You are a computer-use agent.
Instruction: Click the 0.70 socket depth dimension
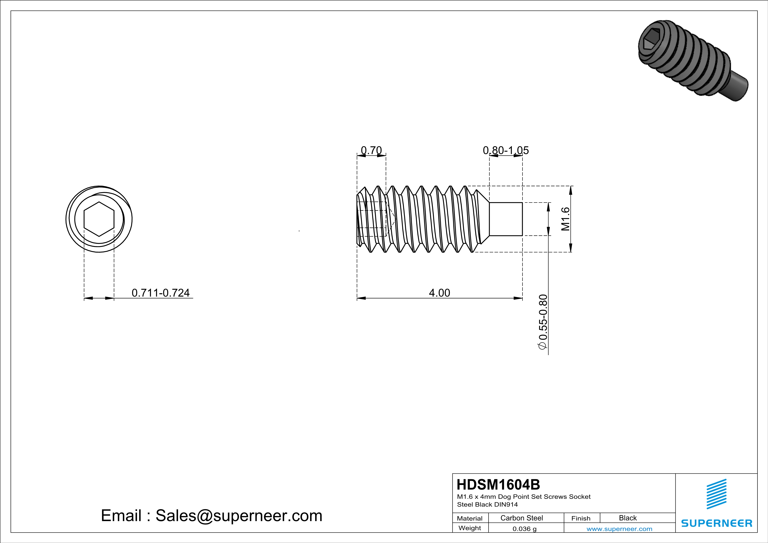tap(371, 150)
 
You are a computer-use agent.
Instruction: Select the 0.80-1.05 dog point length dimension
tap(506, 150)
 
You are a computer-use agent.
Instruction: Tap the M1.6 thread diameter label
tap(565, 219)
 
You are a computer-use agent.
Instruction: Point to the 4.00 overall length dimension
tap(440, 293)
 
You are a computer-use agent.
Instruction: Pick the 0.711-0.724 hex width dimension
tap(161, 293)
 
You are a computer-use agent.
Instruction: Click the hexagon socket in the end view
tap(99, 219)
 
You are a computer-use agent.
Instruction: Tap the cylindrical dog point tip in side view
tap(506, 219)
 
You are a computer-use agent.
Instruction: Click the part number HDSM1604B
tap(498, 485)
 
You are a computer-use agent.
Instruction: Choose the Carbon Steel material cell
tap(521, 518)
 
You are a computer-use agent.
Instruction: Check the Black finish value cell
tap(627, 518)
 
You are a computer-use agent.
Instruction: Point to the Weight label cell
tap(470, 528)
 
